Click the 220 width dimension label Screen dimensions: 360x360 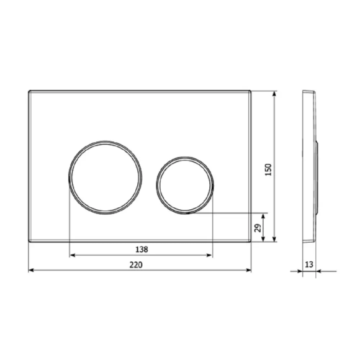tap(136, 264)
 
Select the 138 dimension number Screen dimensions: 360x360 tap(142, 250)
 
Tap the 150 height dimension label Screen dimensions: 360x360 tap(268, 169)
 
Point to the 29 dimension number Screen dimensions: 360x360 tap(258, 228)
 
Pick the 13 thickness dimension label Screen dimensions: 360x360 tap(309, 264)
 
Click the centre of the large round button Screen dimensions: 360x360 tap(105, 178)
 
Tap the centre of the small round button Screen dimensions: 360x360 tap(185, 186)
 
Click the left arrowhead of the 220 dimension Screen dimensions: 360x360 tap(31, 270)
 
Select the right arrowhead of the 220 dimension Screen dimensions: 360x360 tap(249, 270)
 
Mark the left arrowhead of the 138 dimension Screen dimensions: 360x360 tap(73, 255)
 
